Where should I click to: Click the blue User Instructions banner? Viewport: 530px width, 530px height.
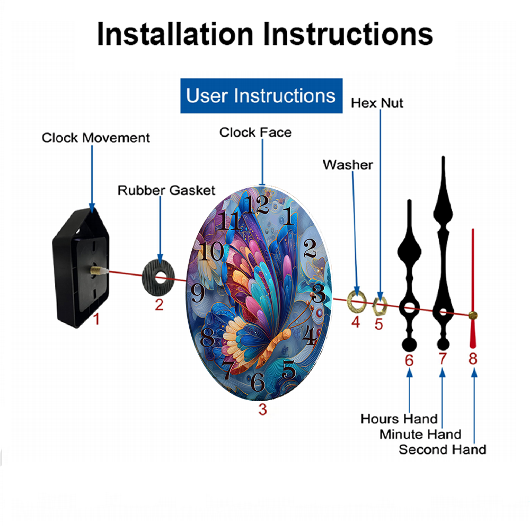click(261, 95)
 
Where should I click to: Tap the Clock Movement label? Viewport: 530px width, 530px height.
click(95, 138)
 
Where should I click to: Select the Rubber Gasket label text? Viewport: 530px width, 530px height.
click(166, 190)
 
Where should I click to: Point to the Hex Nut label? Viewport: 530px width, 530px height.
click(377, 103)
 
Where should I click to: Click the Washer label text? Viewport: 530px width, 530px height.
click(348, 165)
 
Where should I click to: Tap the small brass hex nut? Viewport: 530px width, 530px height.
click(379, 306)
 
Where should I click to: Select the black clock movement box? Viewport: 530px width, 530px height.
click(81, 268)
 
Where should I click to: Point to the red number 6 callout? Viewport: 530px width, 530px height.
click(409, 360)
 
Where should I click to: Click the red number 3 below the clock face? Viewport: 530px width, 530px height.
click(263, 409)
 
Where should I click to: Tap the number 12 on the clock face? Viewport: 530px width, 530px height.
click(256, 205)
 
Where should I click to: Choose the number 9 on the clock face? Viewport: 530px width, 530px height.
click(197, 293)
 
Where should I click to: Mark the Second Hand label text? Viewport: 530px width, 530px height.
click(443, 450)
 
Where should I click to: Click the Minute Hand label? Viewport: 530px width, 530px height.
click(420, 435)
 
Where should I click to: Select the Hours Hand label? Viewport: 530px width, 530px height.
click(399, 419)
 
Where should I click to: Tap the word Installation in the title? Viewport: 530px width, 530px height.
click(175, 34)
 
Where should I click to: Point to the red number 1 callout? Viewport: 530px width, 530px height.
click(96, 319)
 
